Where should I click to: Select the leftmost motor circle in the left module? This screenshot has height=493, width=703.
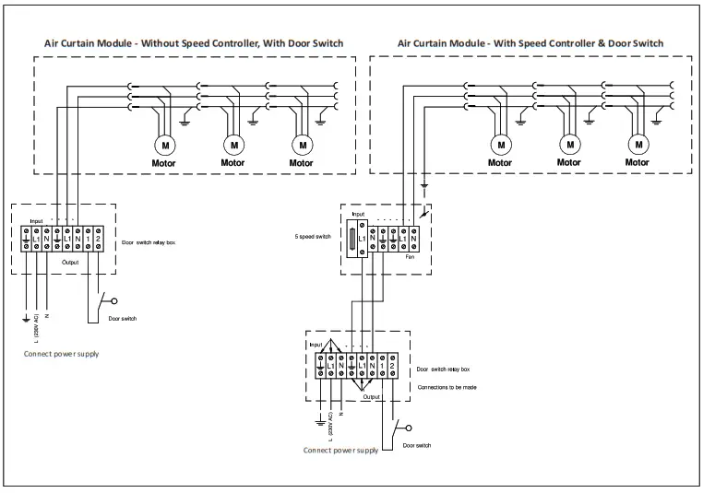tap(166, 145)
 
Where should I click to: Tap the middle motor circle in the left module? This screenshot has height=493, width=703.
tap(233, 145)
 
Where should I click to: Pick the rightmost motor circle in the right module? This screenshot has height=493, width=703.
tap(637, 145)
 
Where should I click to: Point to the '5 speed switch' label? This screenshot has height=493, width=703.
tap(311, 235)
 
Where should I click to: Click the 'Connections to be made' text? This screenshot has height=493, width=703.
tap(447, 387)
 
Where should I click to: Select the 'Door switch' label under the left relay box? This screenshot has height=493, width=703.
tap(122, 319)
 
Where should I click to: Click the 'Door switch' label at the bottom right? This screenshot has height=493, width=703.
tap(417, 445)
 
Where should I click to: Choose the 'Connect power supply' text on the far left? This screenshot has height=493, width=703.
tap(62, 354)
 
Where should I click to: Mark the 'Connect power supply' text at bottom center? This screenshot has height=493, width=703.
tap(340, 451)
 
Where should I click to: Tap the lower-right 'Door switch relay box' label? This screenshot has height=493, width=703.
tap(448, 369)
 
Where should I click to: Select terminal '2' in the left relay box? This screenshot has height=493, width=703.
tap(97, 239)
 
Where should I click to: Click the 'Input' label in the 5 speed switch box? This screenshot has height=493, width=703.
tap(358, 214)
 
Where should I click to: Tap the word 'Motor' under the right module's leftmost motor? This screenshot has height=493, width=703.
tap(500, 163)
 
